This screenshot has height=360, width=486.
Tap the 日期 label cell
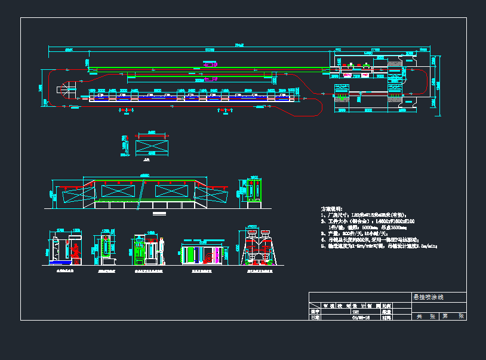315,318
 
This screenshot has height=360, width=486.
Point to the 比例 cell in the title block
386,306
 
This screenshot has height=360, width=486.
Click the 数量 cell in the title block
386,312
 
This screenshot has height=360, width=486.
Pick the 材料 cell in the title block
386,318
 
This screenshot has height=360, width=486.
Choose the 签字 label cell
315,312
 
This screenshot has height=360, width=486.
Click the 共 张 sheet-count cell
426,316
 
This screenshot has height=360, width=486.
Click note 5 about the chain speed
376,245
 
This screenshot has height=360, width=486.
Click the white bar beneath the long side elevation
159,213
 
